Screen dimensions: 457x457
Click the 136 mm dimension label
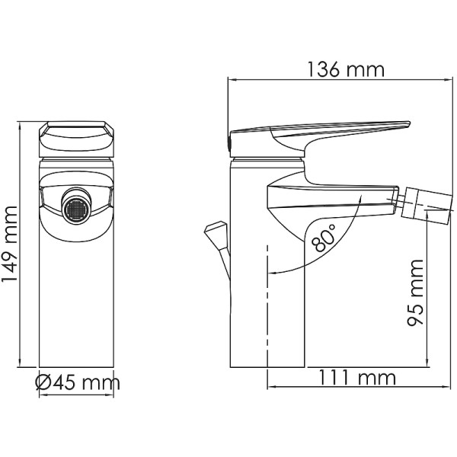[x=345, y=70]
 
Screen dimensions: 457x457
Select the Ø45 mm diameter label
[x=78, y=382]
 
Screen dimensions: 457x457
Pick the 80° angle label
[x=324, y=238]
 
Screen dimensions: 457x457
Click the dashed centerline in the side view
[x=268, y=305]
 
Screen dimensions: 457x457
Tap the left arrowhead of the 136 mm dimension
[x=232, y=78]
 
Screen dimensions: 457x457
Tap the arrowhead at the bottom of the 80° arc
[x=273, y=272]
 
